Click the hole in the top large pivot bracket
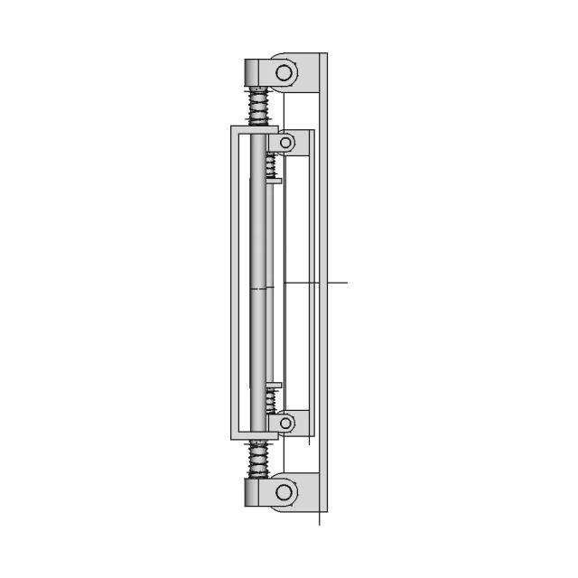click(284, 72)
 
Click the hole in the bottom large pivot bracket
click(284, 492)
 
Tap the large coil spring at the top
click(259, 106)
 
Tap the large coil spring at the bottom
click(259, 458)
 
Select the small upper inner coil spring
click(270, 164)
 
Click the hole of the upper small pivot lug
click(286, 143)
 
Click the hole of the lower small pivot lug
click(286, 422)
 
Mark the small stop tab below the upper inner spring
click(275, 181)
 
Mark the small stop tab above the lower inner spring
click(275, 385)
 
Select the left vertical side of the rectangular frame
click(235, 282)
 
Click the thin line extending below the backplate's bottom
click(320, 520)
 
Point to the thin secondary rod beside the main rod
click(272, 282)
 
